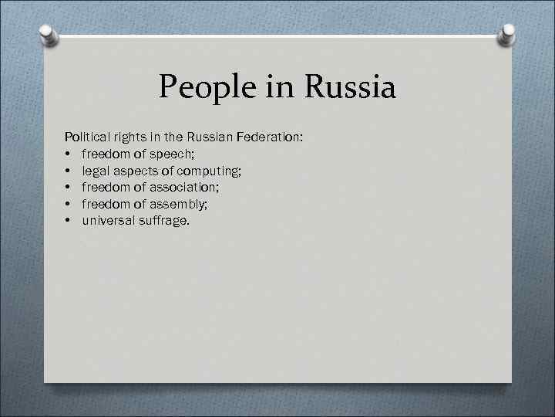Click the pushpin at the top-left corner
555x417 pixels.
point(48,35)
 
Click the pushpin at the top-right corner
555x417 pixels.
point(508,35)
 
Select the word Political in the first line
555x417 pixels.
point(87,137)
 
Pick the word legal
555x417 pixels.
point(96,171)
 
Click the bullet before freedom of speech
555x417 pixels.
point(69,154)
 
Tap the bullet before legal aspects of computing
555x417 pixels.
point(69,171)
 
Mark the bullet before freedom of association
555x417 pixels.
point(69,188)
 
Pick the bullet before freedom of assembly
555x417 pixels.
point(69,205)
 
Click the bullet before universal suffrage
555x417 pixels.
point(69,222)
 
